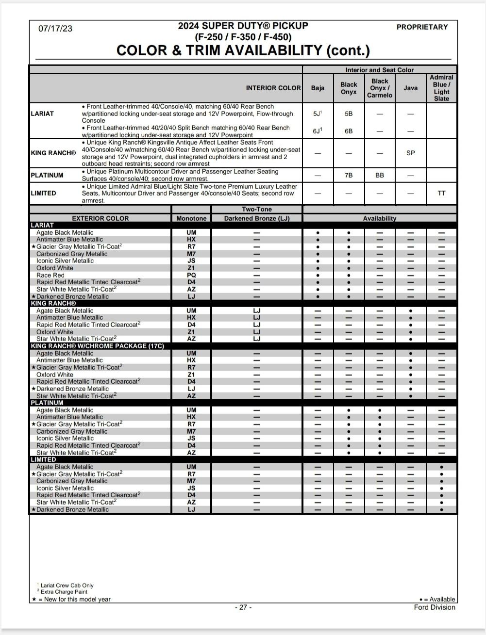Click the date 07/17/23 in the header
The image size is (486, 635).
pyautogui.click(x=55, y=29)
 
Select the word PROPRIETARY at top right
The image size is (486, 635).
pyautogui.click(x=422, y=27)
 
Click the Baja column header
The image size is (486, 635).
pyautogui.click(x=318, y=88)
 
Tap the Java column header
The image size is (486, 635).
pyautogui.click(x=410, y=88)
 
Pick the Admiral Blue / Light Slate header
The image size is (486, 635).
pyautogui.click(x=441, y=88)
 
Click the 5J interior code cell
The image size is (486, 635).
pyautogui.click(x=318, y=114)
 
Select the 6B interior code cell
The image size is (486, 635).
pyautogui.click(x=349, y=131)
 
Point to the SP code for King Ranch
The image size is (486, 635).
pyautogui.click(x=410, y=153)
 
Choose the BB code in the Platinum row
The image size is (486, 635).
pyautogui.click(x=380, y=175)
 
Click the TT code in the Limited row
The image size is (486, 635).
pyautogui.click(x=441, y=193)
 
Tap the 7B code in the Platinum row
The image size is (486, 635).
pyautogui.click(x=349, y=175)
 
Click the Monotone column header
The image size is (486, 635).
pyautogui.click(x=191, y=218)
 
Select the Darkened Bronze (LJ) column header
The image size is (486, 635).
pyautogui.click(x=257, y=218)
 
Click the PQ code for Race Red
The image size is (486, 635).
pyautogui.click(x=191, y=275)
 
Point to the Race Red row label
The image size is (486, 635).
pyautogui.click(x=50, y=275)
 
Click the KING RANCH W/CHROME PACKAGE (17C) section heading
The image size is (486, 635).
pyautogui.click(x=98, y=346)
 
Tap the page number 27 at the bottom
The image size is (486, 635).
pyautogui.click(x=243, y=607)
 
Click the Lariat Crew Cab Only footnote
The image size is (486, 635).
pyautogui.click(x=67, y=586)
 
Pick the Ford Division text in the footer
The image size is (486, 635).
pyautogui.click(x=435, y=607)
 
